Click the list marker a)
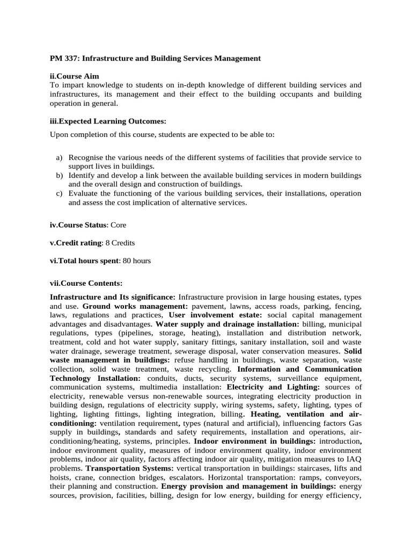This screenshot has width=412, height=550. coord(59,157)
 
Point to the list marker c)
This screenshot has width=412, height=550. coord(59,194)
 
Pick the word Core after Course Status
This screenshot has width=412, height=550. coord(119,225)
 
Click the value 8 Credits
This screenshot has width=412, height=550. coord(120,243)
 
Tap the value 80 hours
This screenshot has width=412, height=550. coord(136,261)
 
